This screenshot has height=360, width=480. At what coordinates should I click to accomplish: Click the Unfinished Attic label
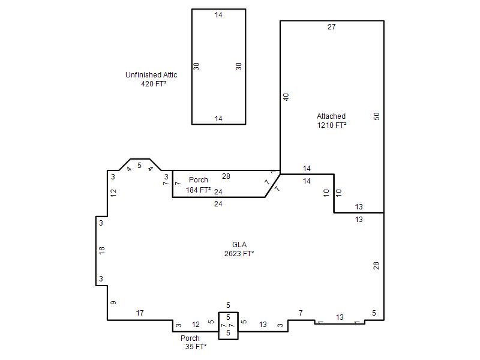coord(151,74)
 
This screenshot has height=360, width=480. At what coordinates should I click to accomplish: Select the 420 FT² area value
coord(154,83)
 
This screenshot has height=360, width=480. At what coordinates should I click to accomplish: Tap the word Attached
coord(331,116)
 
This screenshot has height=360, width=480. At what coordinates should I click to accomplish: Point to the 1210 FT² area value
coord(332,125)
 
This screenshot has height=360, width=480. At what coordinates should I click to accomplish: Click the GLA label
coord(239,245)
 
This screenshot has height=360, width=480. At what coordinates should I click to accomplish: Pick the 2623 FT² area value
coord(239,253)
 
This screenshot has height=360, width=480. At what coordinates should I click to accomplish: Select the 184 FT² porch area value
coord(198,190)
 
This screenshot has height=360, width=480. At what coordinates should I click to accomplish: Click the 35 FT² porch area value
coord(196,347)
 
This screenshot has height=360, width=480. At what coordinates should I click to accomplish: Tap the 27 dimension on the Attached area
coord(332,27)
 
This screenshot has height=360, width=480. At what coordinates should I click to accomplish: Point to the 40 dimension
coord(286,97)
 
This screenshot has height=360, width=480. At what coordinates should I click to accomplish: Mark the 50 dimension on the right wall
coord(377,116)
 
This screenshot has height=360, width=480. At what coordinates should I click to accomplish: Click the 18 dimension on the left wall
coord(102,250)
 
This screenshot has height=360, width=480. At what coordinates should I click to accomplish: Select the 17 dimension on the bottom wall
coord(140,313)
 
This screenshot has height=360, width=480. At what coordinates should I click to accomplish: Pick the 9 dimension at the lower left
coord(113,303)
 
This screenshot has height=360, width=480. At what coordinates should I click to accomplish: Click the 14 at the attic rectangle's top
coord(218,14)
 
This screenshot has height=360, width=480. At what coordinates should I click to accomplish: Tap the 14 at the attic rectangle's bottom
coord(218,118)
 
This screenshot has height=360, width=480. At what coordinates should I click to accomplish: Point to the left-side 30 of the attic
coord(196,67)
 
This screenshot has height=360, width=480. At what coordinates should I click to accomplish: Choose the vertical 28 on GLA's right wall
coord(376,266)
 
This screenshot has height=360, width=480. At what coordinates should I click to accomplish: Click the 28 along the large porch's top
coord(226,176)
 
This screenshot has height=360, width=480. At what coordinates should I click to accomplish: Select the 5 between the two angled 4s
coord(140,166)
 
